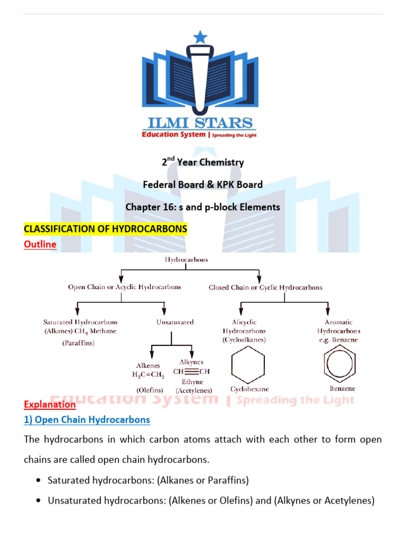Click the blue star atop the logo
tap(201, 37)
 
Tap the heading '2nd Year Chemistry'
tap(203, 162)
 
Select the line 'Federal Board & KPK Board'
tap(203, 185)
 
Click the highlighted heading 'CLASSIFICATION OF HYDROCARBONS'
tap(106, 229)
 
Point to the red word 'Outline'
tap(40, 245)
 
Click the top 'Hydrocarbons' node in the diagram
tap(186, 260)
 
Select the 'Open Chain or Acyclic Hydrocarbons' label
tap(124, 287)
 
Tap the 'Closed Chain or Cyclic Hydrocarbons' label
tap(265, 288)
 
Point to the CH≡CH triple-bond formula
tap(191, 371)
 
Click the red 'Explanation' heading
tap(50, 404)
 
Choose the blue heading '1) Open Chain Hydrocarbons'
tap(87, 420)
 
